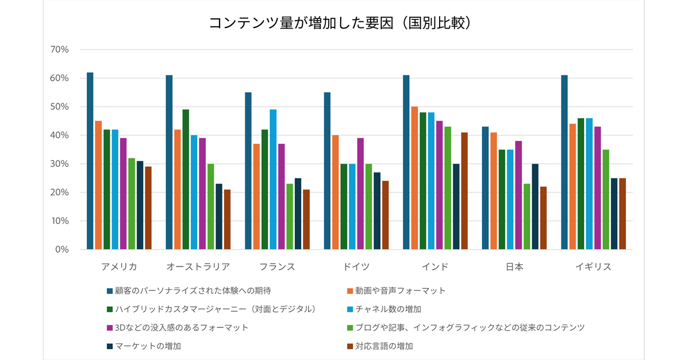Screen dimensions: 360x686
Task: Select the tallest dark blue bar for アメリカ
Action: point(90,161)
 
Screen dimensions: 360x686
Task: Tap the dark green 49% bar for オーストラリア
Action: point(186,179)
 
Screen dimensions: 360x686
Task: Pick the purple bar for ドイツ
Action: point(361,194)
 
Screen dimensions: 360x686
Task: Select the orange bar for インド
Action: point(414,178)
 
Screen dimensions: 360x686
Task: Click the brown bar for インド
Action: point(464,191)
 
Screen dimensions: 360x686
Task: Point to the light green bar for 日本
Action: point(527,217)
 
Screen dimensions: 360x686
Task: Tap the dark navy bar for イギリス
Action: point(614,214)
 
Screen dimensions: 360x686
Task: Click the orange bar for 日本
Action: point(493,191)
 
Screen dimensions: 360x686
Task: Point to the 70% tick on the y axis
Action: point(59,50)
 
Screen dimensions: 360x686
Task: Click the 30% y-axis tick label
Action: point(59,164)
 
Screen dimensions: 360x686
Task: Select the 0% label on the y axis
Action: point(62,250)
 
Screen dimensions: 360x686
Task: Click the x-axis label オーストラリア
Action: point(198,267)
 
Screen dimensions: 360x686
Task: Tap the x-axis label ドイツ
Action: point(356,267)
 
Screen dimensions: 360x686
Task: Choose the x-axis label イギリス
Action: point(593,267)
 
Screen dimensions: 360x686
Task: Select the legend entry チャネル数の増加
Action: point(388,309)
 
